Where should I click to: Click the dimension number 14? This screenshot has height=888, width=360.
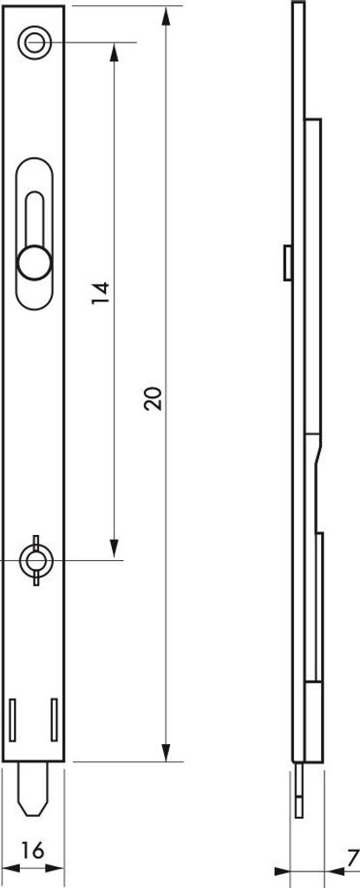click(x=101, y=293)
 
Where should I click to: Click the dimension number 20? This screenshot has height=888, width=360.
click(x=153, y=398)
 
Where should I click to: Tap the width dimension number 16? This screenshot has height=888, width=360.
click(x=33, y=850)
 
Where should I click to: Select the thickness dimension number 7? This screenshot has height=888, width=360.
click(x=353, y=855)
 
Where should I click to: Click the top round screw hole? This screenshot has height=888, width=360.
click(x=35, y=42)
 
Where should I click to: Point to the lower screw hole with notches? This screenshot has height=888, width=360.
click(x=36, y=560)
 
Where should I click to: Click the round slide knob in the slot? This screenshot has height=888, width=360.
click(x=35, y=262)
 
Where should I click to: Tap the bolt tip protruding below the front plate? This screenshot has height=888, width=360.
click(x=36, y=789)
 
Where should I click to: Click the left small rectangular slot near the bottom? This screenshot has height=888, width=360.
click(x=13, y=720)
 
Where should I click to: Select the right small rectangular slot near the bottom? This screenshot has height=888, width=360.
click(x=55, y=720)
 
